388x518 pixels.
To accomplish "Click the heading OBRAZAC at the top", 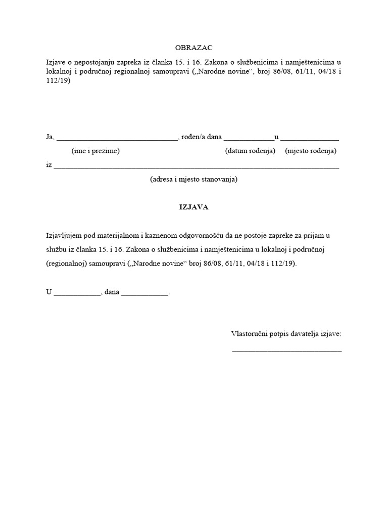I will point(193,48).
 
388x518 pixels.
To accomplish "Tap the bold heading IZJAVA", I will point(194,207).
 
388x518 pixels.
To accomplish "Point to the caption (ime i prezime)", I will point(95,151).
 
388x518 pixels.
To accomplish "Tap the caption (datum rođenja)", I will point(250,151).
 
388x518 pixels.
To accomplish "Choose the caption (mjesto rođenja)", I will point(311,151).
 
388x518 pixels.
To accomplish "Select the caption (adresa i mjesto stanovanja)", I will point(193,179).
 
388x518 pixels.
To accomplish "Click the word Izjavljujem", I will point(63,236).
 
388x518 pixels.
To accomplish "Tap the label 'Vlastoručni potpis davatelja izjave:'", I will point(286,334).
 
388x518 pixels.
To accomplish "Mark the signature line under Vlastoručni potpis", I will point(286,350).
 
